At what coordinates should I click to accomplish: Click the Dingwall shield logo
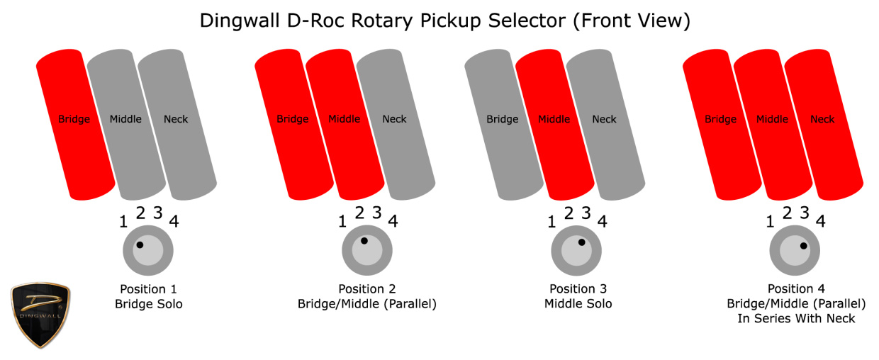[40, 315]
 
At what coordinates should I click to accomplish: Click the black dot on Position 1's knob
[140, 245]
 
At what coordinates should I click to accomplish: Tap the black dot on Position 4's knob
[803, 247]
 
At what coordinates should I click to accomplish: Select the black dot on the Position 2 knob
[364, 241]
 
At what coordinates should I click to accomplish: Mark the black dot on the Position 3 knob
[581, 242]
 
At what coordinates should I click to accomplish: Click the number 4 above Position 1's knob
[174, 221]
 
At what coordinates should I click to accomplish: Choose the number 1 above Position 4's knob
[771, 221]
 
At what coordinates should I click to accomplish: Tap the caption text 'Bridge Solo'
[147, 304]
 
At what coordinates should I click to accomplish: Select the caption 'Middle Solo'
[578, 304]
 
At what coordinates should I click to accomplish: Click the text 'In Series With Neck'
[796, 319]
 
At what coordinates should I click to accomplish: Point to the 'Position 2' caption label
[366, 289]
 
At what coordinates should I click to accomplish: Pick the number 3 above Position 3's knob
[586, 213]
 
